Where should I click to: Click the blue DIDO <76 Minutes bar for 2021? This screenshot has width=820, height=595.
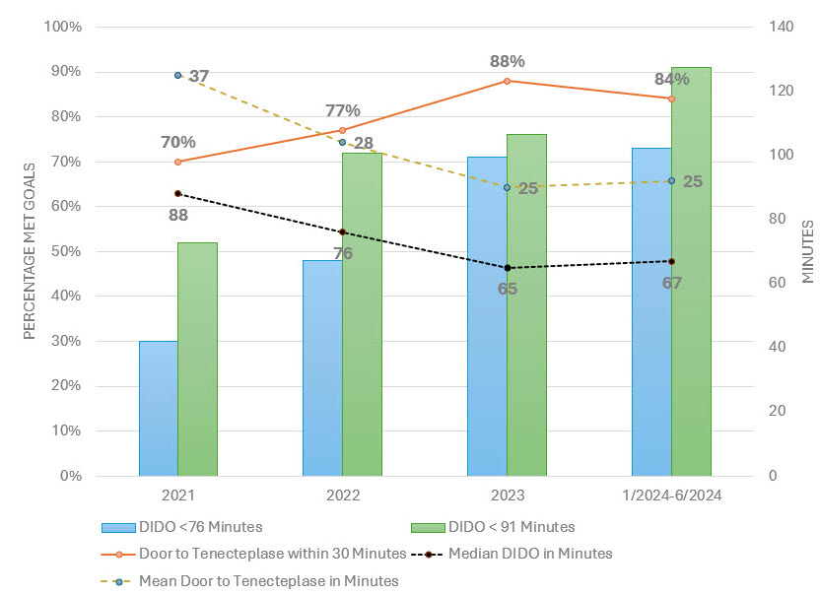click(x=158, y=408)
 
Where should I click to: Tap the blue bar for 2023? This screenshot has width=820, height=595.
click(x=487, y=315)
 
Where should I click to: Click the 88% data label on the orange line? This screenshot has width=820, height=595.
click(x=507, y=62)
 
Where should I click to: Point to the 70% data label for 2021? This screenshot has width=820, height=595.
click(x=177, y=142)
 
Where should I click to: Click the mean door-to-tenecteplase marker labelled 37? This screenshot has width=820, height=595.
click(x=178, y=75)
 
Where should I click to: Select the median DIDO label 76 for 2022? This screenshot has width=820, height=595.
click(x=343, y=253)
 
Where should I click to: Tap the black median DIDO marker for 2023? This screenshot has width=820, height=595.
click(x=508, y=268)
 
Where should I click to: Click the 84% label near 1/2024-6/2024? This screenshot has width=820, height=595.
click(x=671, y=80)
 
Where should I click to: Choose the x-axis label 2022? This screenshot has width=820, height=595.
click(x=342, y=496)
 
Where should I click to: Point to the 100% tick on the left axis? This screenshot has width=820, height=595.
click(x=64, y=27)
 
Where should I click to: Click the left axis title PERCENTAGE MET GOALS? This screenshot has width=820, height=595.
click(x=29, y=251)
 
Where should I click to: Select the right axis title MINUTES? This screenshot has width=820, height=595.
click(x=807, y=251)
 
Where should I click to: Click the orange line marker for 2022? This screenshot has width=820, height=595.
click(x=342, y=130)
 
